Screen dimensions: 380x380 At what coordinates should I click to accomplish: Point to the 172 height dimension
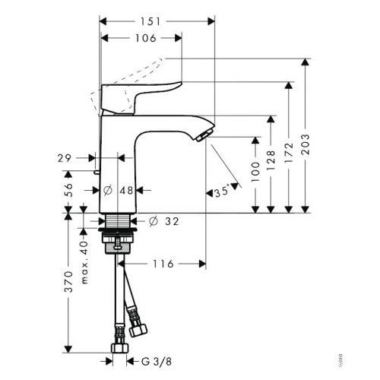pyautogui.click(x=289, y=146)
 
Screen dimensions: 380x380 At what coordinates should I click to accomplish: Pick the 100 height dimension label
pyautogui.click(x=254, y=174)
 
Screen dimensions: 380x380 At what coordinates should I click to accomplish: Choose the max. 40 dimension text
pyautogui.click(x=85, y=245)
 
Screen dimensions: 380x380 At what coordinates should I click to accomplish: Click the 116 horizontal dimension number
pyautogui.click(x=163, y=264)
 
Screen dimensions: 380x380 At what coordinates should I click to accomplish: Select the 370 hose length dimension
pyautogui.click(x=68, y=281)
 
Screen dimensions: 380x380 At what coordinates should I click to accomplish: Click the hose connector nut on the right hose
pyautogui.click(x=138, y=330)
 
